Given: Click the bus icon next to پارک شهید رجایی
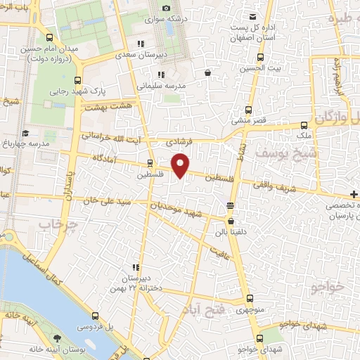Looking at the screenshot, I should (x=77, y=80).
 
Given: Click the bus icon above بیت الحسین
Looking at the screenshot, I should (x=260, y=58).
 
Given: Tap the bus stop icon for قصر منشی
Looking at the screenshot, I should (x=247, y=109).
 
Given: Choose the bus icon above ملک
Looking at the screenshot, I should (x=304, y=124).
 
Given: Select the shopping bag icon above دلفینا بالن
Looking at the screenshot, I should (x=231, y=220).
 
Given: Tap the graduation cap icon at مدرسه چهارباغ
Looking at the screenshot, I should (x=26, y=134).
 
